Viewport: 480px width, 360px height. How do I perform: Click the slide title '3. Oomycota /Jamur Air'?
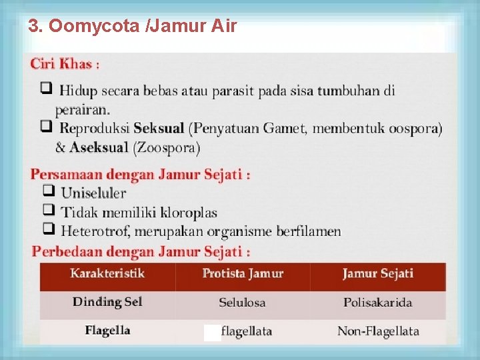point(132,27)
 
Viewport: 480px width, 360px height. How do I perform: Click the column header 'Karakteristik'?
point(107,273)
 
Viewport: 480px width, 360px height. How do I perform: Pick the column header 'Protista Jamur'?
point(243,273)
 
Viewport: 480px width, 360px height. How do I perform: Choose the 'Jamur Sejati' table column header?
point(377,273)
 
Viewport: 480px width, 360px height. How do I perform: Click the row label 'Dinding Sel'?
point(107,302)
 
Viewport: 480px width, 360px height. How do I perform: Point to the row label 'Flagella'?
point(107,331)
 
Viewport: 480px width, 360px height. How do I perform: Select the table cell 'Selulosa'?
point(242,303)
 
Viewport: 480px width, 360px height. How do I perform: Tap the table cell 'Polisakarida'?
point(377,303)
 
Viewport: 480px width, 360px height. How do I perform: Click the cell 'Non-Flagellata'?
point(378,331)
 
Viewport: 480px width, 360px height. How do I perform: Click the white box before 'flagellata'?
point(212,333)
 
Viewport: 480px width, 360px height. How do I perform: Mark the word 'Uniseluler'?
point(93,193)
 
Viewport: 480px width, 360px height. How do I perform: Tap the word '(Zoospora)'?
point(167,148)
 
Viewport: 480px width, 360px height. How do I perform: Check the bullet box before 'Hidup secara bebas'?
point(45,89)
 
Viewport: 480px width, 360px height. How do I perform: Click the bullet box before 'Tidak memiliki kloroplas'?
point(47,211)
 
